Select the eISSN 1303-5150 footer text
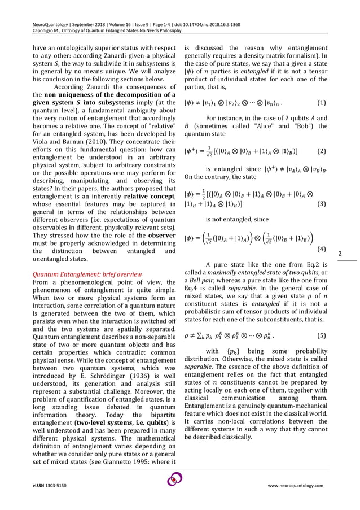coord(49,486)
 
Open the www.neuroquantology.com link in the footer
coord(295,486)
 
